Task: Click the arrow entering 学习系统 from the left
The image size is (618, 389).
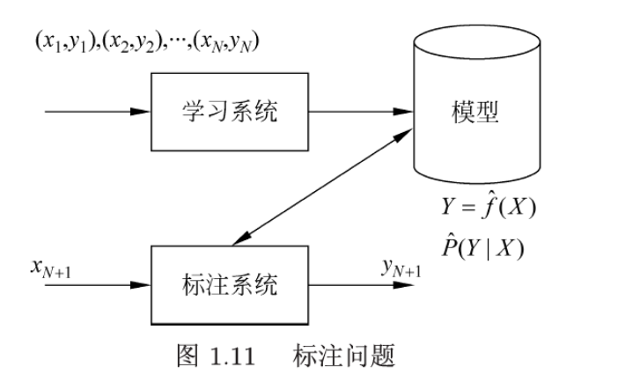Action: point(97,113)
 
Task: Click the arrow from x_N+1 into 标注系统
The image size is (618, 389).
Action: point(97,284)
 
